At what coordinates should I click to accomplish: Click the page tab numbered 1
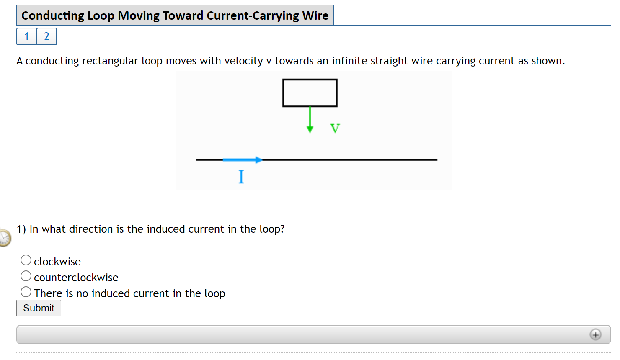tap(27, 36)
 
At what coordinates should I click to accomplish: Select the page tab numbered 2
tap(46, 36)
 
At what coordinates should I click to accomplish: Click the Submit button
tap(39, 308)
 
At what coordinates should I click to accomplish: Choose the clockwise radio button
tap(26, 260)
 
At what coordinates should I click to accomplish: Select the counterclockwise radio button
tap(26, 276)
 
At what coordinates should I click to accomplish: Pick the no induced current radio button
tap(26, 292)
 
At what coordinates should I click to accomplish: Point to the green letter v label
tap(335, 128)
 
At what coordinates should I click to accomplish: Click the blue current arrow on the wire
tap(242, 159)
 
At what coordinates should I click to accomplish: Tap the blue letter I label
tap(241, 177)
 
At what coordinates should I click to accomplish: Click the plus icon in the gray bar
tap(595, 334)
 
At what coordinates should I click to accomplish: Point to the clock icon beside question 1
tap(4, 238)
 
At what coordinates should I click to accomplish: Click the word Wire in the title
tap(315, 15)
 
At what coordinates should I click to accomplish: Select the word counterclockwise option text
tap(76, 278)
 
